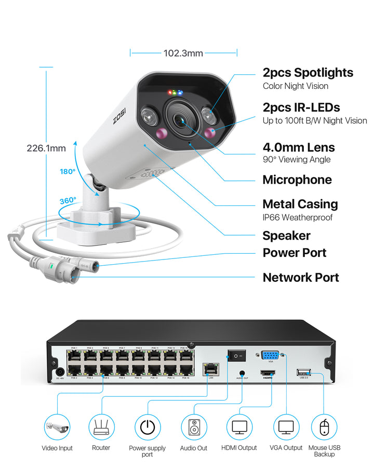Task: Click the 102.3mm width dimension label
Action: [x=183, y=53]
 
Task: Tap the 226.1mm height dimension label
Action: [x=46, y=148]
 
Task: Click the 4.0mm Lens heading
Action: [x=298, y=147]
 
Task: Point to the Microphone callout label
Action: [x=297, y=180]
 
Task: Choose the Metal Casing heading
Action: [x=300, y=204]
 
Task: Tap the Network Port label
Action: [x=300, y=277]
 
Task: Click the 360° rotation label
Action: [x=68, y=200]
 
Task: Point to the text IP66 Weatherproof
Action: [x=297, y=217]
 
